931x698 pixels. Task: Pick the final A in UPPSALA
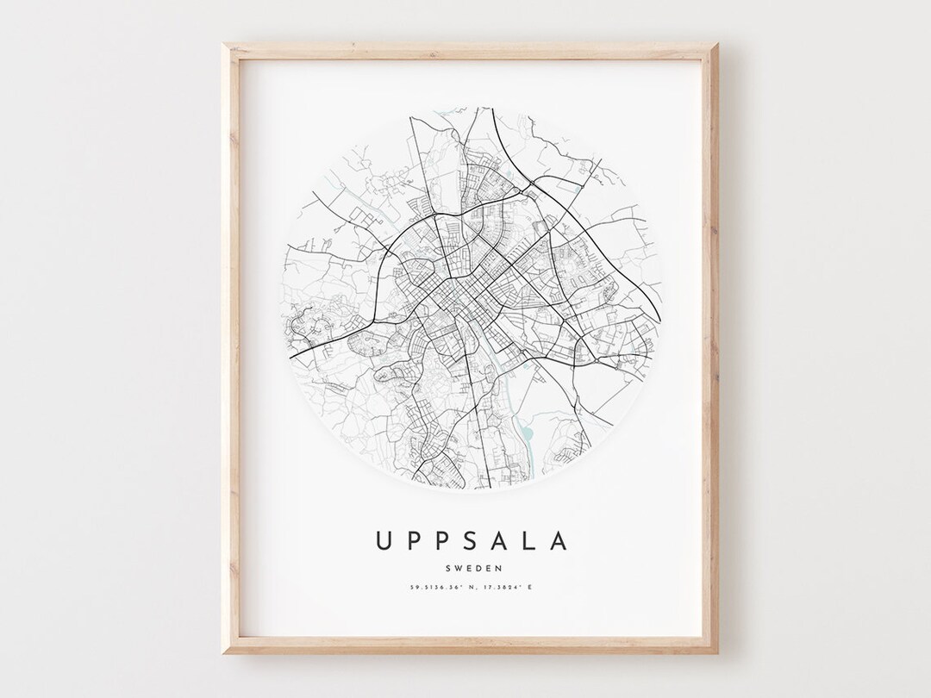pyautogui.click(x=561, y=540)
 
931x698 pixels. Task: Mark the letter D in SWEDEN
pyautogui.click(x=478, y=568)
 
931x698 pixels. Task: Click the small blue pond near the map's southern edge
pyautogui.click(x=528, y=440)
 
